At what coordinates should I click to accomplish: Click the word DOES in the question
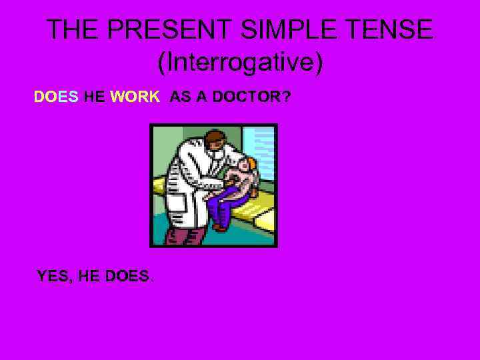57,97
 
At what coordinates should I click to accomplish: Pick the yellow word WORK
135,97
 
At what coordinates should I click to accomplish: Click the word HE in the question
95,97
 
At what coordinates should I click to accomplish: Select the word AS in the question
179,97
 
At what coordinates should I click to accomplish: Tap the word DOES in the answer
127,275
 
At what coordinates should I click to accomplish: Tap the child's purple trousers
221,203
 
